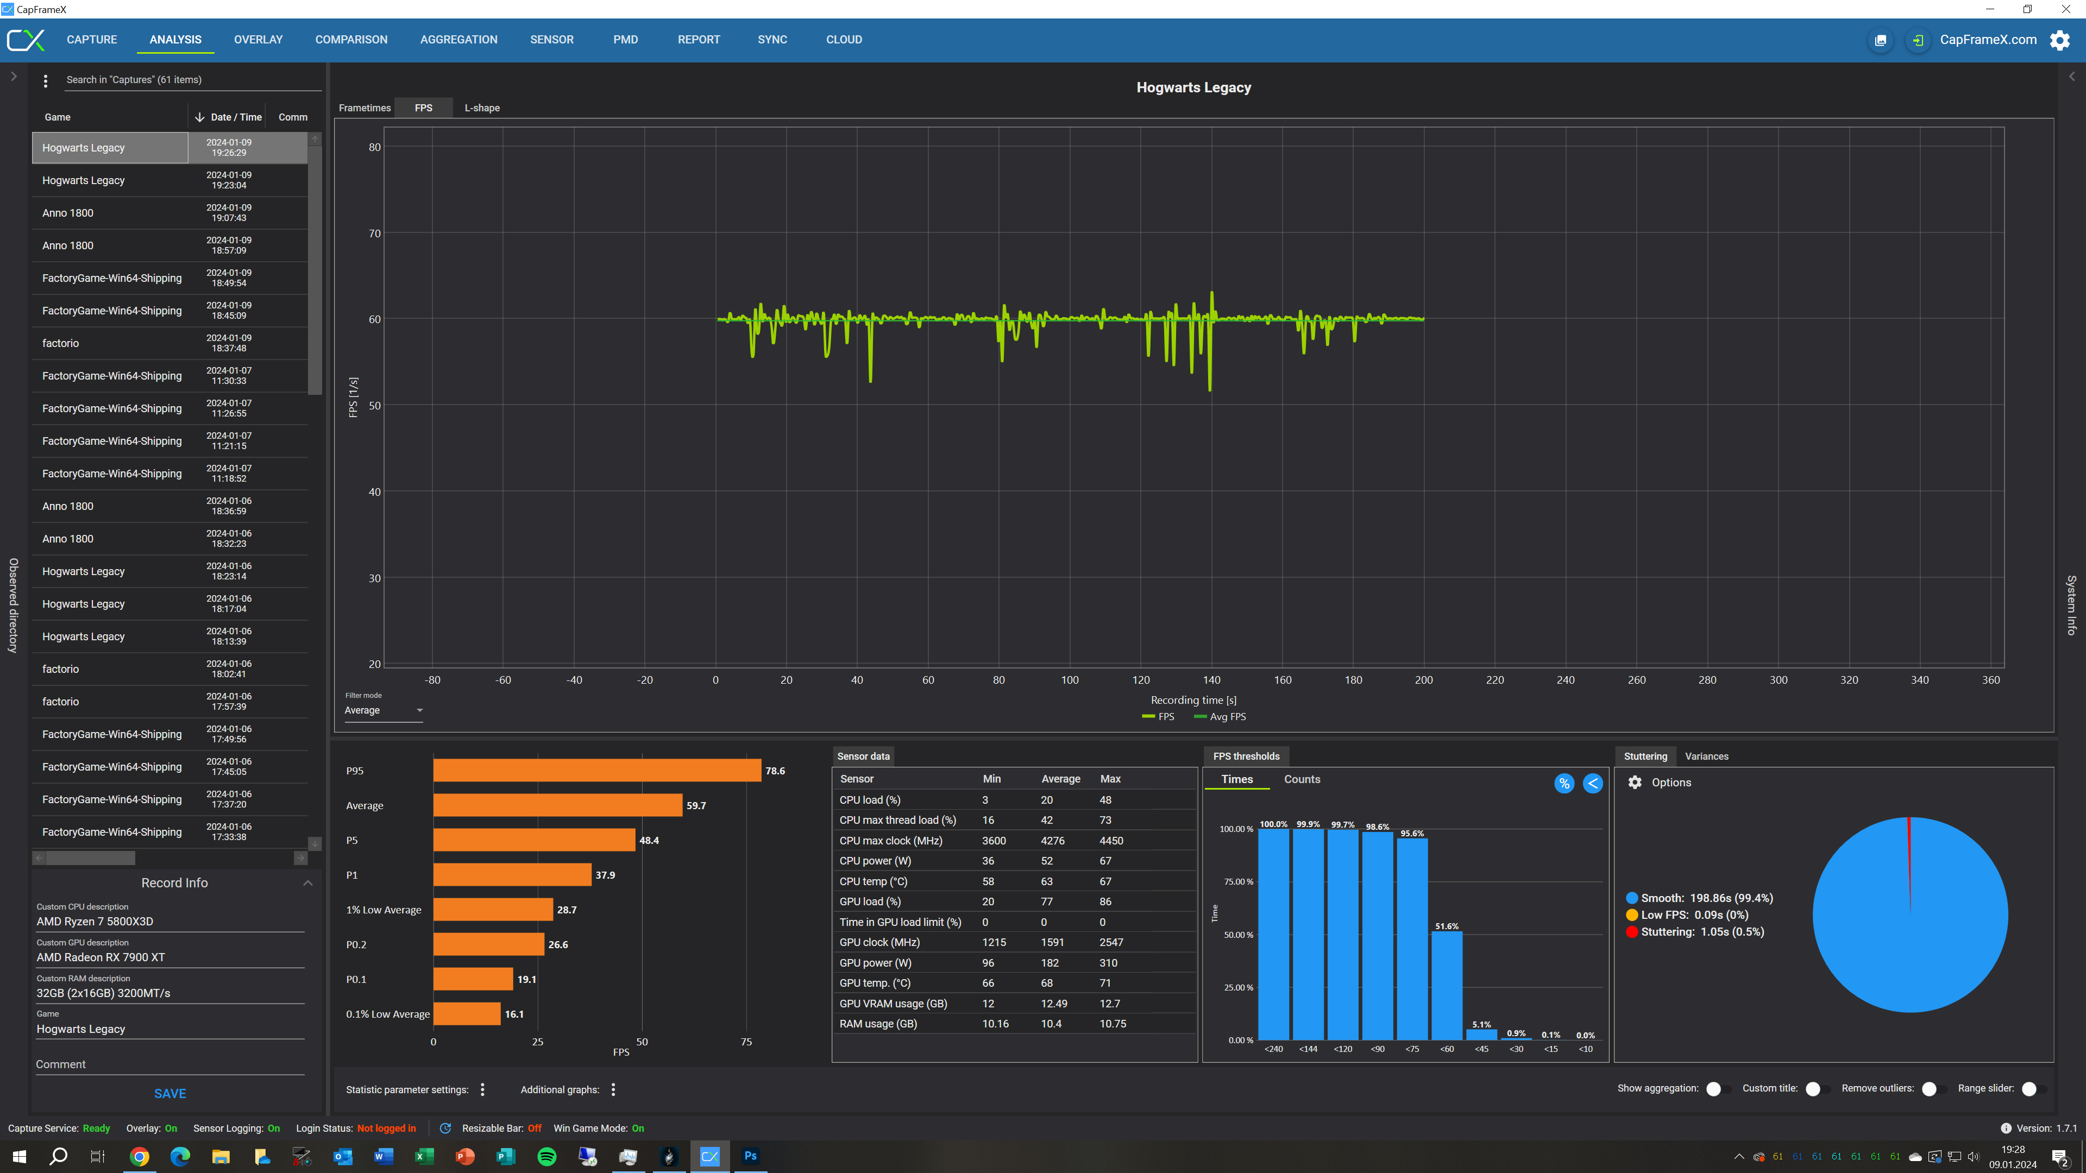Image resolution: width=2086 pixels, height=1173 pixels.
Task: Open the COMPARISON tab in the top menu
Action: coord(351,40)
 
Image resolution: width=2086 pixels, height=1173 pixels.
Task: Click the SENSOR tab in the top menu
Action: coord(551,40)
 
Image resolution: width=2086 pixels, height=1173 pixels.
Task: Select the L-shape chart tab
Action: coord(482,108)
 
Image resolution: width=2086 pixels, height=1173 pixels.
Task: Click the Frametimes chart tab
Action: coord(365,108)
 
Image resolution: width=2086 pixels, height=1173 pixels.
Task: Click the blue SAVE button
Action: coord(170,1094)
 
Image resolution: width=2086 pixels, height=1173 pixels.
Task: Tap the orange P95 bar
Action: coord(597,771)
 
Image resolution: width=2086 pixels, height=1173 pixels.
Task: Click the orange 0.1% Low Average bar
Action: coord(467,1014)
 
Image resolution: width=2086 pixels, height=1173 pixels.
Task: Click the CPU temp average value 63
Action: coord(1047,881)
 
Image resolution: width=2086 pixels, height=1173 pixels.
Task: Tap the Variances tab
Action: coord(1706,756)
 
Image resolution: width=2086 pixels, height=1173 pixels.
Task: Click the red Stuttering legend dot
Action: coord(1632,932)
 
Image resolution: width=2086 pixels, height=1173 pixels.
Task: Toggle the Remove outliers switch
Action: coord(1934,1089)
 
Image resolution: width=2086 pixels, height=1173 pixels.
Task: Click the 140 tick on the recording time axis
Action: coord(1211,680)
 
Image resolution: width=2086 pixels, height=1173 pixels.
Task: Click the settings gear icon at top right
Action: coord(2060,40)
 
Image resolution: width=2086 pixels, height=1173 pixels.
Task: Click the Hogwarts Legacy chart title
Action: coord(1193,87)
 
